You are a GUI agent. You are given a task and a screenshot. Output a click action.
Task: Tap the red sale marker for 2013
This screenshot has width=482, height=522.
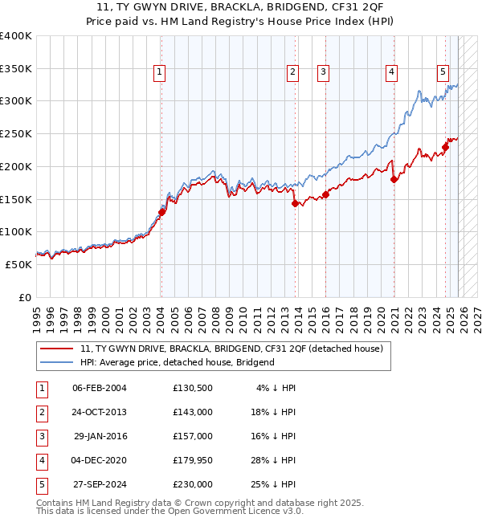295,203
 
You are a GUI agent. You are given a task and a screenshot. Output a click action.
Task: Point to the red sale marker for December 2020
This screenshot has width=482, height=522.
394,179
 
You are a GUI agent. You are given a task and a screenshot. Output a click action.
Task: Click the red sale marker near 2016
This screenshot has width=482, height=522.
325,194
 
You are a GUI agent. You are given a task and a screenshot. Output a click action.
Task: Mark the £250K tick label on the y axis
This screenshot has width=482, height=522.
17,133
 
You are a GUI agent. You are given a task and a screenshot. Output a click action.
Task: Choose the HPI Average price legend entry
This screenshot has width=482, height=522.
177,362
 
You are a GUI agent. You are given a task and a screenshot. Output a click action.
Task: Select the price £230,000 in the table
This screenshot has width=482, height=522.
193,484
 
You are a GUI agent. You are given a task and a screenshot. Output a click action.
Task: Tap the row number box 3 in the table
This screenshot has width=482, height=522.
41,436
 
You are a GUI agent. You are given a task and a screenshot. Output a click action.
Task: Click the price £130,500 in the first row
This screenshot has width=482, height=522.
193,388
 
